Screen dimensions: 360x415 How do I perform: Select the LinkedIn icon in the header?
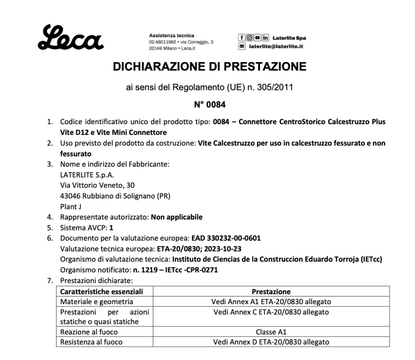265,38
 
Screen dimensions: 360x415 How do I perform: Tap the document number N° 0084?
209,105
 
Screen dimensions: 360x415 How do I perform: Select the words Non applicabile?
177,217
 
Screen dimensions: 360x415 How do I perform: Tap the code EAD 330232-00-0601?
226,238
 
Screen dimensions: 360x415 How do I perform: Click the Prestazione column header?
271,292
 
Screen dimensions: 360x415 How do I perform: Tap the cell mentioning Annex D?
271,342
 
